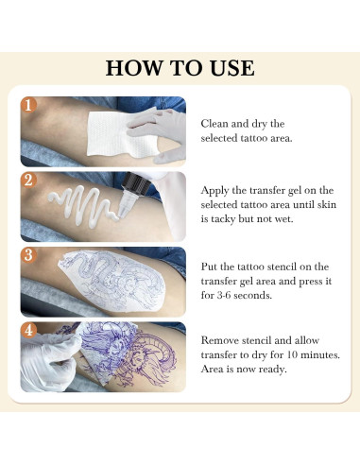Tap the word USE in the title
coord(232,68)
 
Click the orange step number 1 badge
coord(28,105)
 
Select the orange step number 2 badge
coord(28,180)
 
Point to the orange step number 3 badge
coord(28,255)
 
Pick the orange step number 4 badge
coord(28,330)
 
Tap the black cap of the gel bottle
coord(136,184)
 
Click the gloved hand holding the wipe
coord(161,134)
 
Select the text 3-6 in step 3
coord(224,296)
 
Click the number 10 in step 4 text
coord(292,354)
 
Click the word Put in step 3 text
coord(209,267)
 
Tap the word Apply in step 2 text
coord(214,191)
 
